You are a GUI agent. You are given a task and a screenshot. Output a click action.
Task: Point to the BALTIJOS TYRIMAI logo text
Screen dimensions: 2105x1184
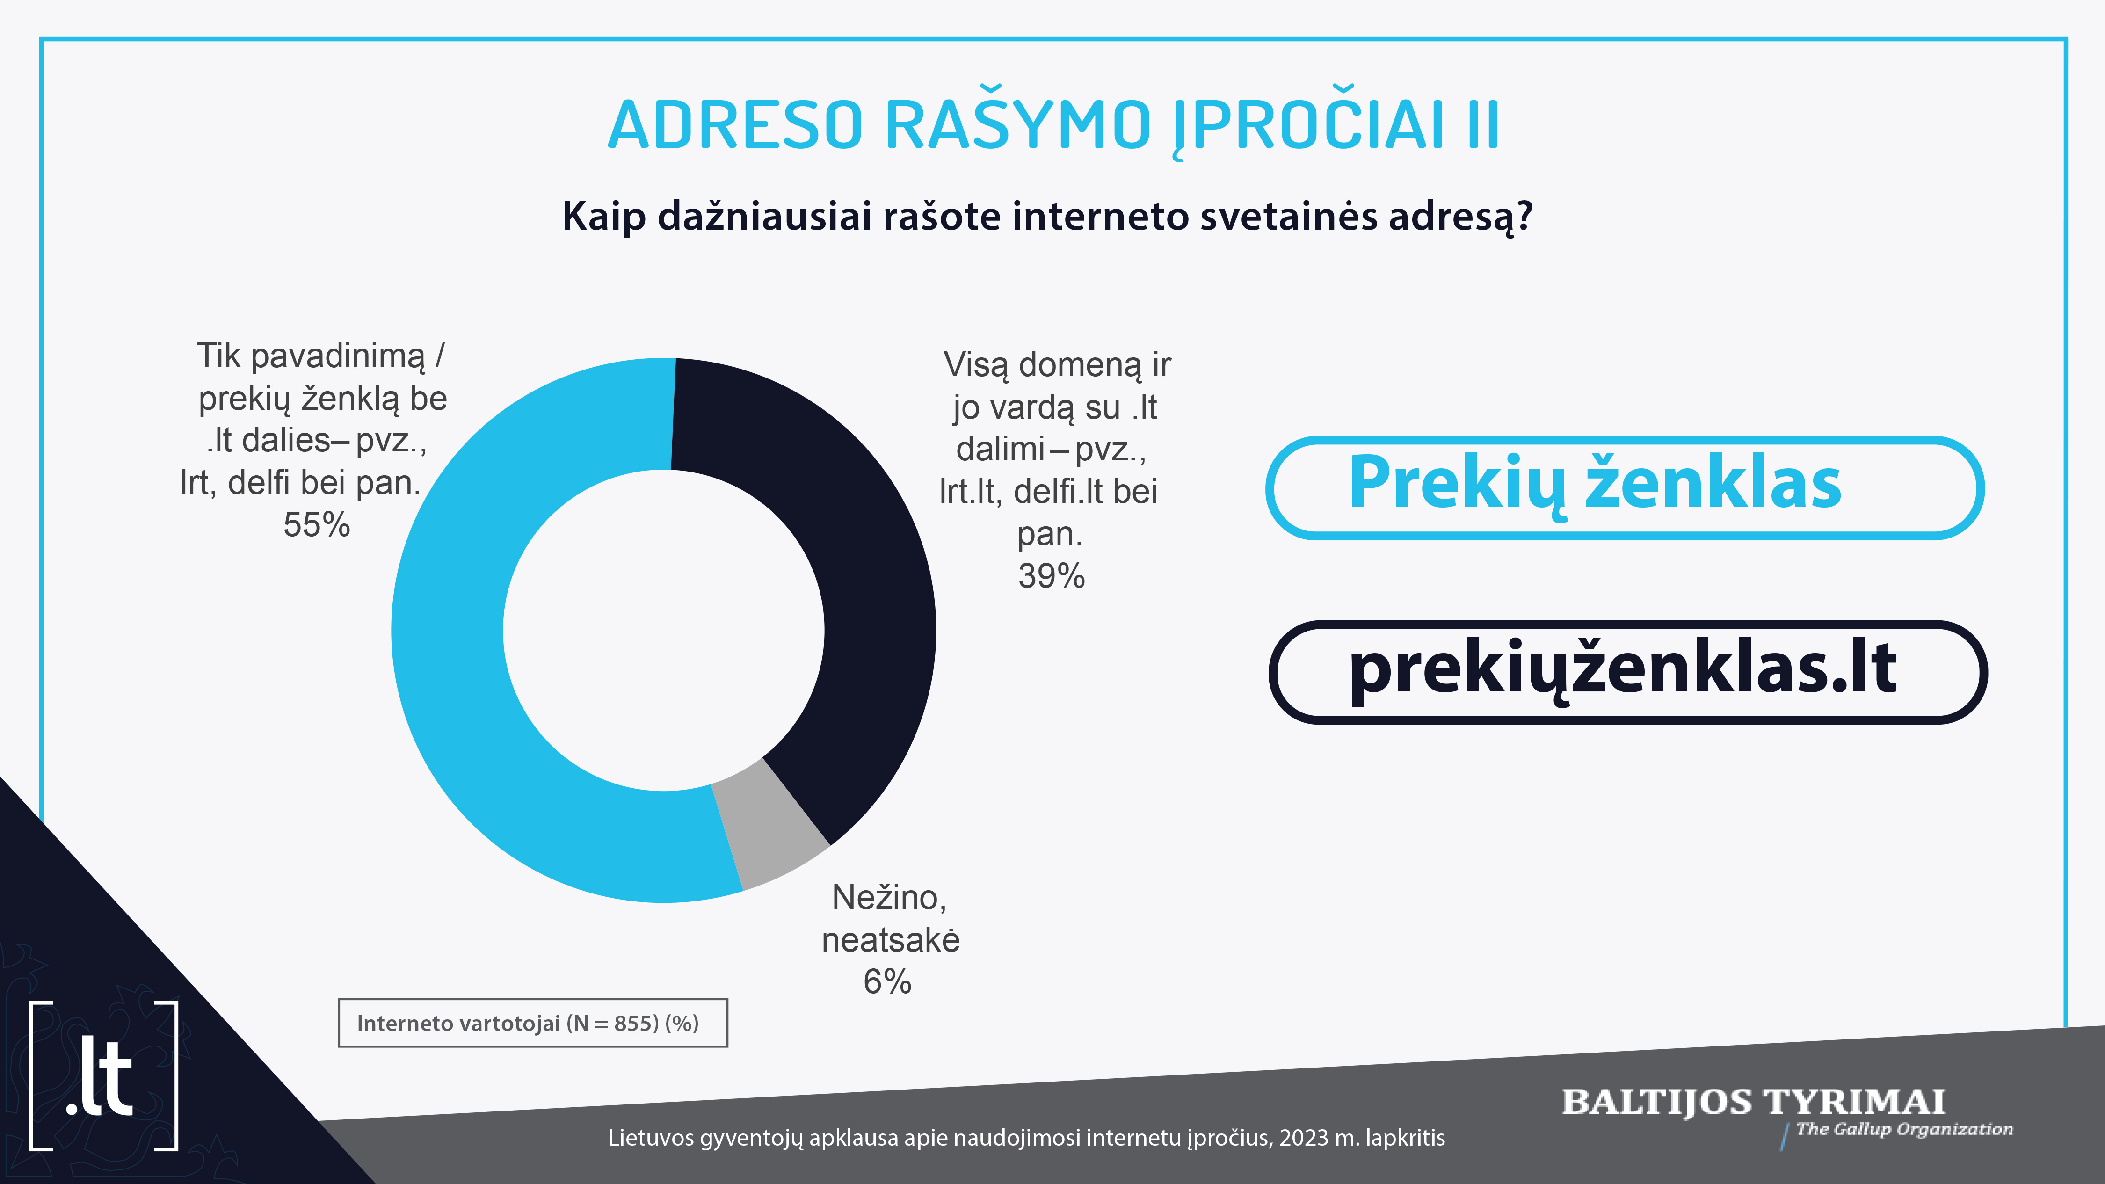(x=1754, y=1102)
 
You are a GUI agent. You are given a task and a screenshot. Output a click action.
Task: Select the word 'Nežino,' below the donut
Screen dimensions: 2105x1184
(x=889, y=898)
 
